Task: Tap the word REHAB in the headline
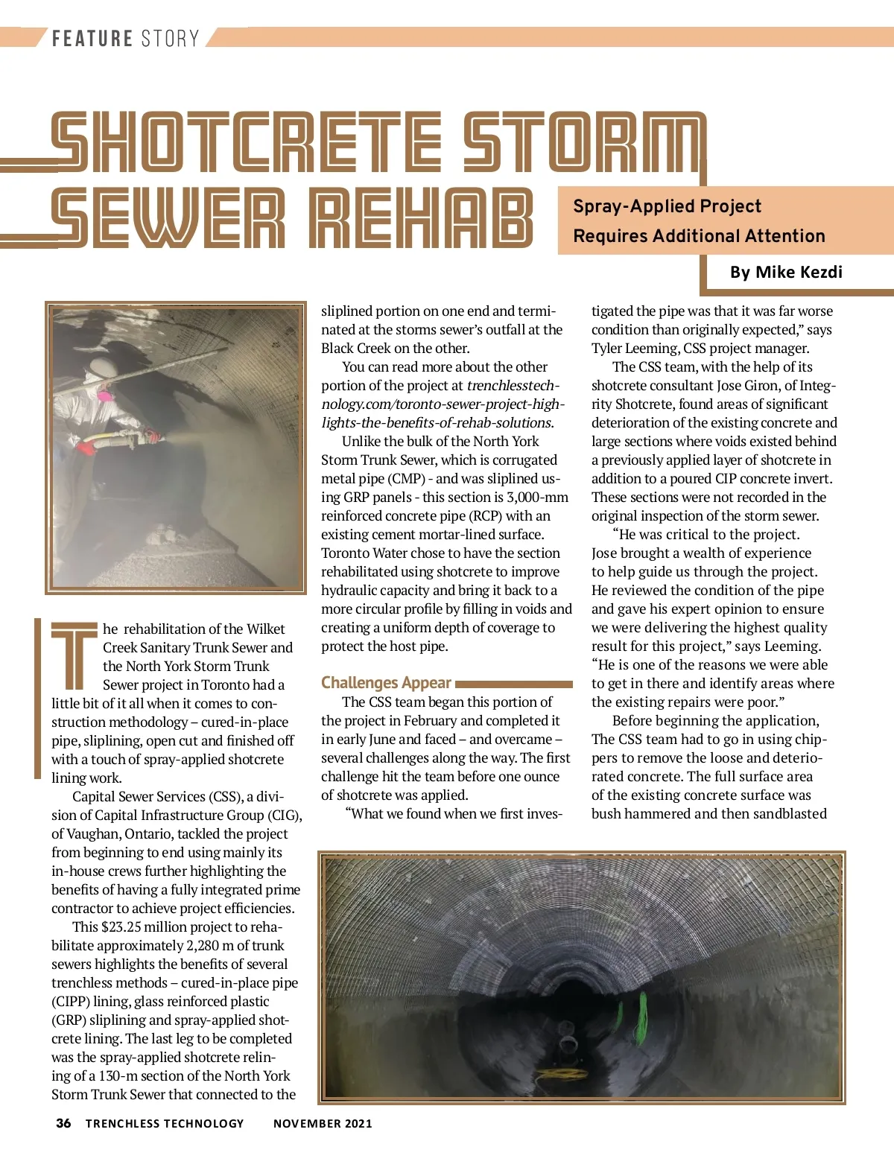[x=421, y=219]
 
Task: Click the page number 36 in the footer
[x=64, y=1123]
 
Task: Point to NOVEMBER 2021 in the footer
[x=323, y=1124]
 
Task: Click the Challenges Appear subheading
[x=386, y=683]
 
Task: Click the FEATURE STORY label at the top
[x=125, y=39]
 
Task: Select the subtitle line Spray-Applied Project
[x=667, y=206]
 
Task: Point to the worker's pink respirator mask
[x=105, y=395]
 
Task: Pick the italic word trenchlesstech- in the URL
[x=513, y=386]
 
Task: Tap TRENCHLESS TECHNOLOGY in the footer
[x=165, y=1124]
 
